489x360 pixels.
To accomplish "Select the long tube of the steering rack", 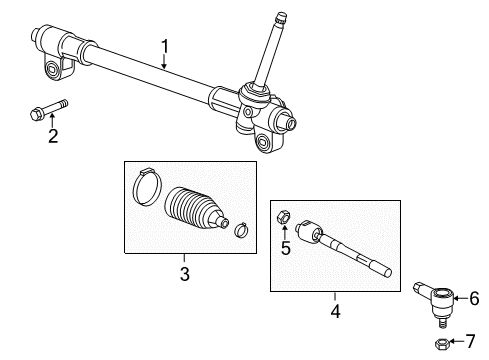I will (x=150, y=75).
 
